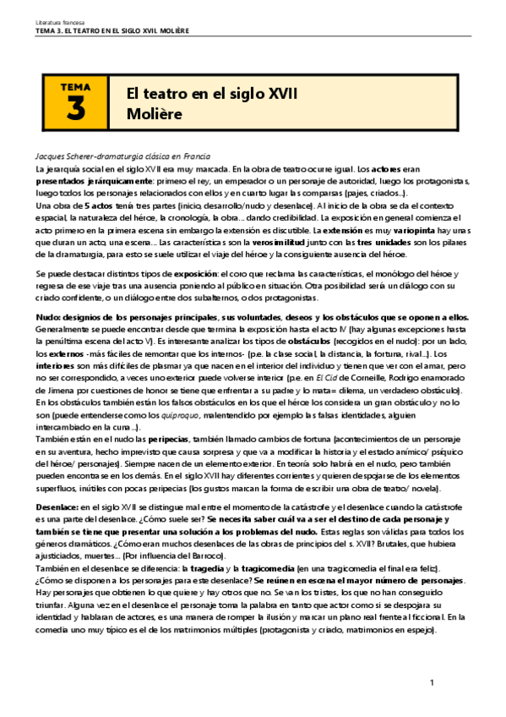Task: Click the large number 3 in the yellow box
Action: pos(76,110)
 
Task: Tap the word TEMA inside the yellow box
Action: pos(76,86)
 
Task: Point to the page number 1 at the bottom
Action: pos(431,682)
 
